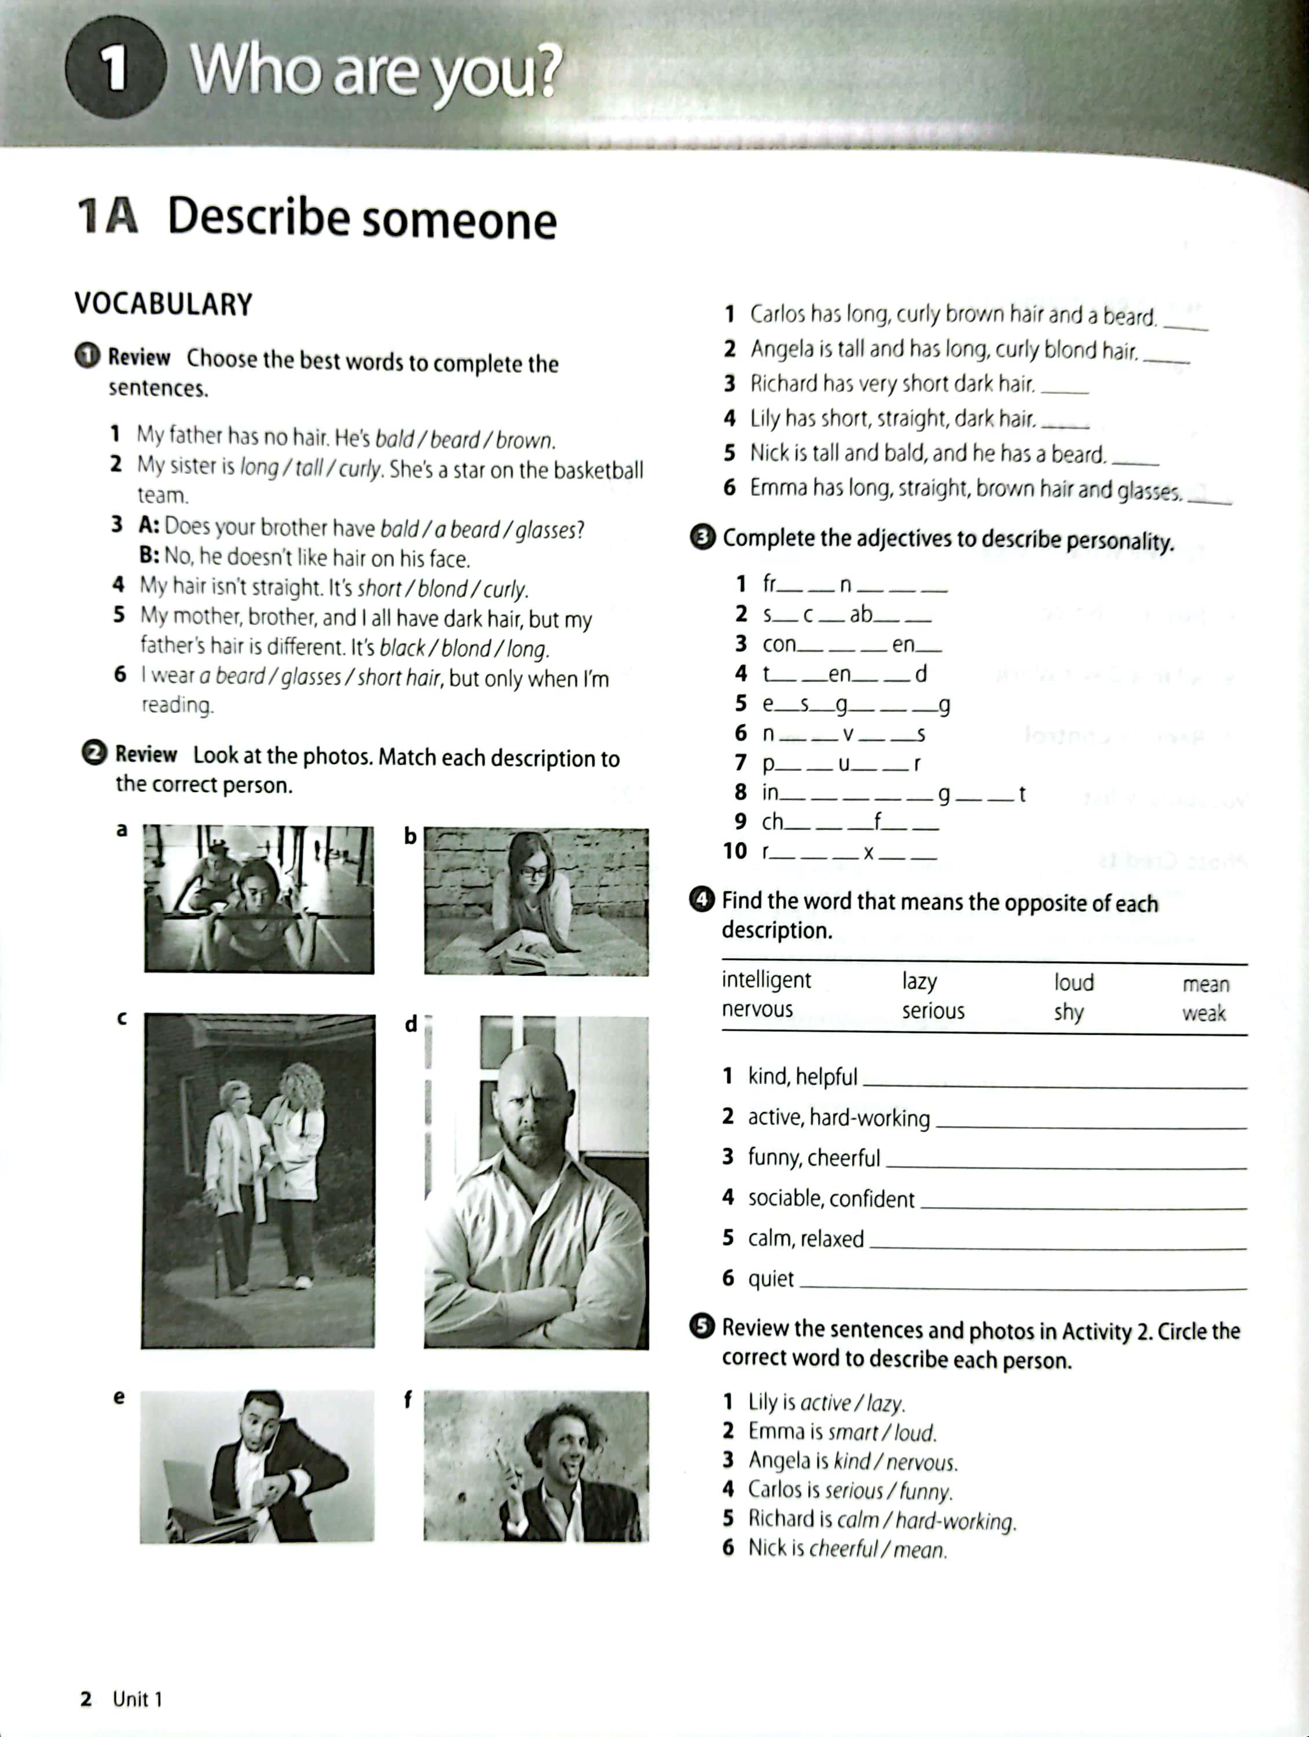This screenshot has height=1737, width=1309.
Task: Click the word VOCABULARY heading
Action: tap(163, 304)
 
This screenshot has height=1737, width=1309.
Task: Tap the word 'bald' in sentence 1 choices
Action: tap(394, 439)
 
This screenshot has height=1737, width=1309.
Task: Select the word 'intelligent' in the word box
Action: tap(765, 980)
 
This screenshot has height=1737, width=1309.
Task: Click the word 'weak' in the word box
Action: tap(1204, 1013)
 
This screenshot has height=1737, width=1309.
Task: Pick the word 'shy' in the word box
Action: tap(1068, 1012)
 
